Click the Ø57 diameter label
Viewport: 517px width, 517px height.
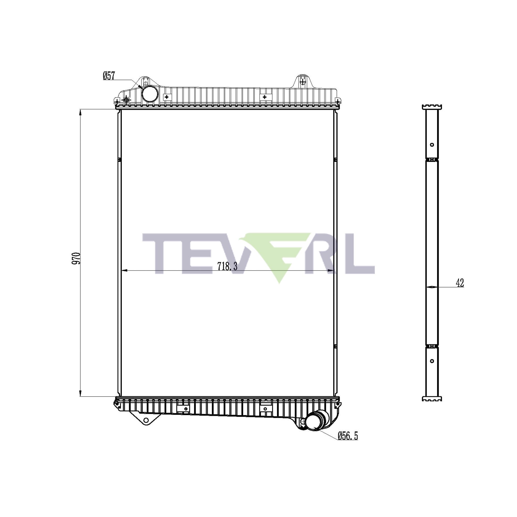[109, 76]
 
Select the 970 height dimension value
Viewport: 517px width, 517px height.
[76, 258]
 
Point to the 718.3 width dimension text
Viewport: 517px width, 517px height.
[227, 266]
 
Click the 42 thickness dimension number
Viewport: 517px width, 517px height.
[460, 283]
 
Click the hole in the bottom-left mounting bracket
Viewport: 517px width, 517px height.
[146, 421]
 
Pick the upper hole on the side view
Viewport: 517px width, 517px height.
[432, 145]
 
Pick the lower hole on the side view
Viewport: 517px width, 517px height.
[432, 361]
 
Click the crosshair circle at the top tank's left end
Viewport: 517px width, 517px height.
[126, 100]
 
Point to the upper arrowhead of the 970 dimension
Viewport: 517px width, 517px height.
[80, 112]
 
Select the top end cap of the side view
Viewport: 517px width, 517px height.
[432, 107]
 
